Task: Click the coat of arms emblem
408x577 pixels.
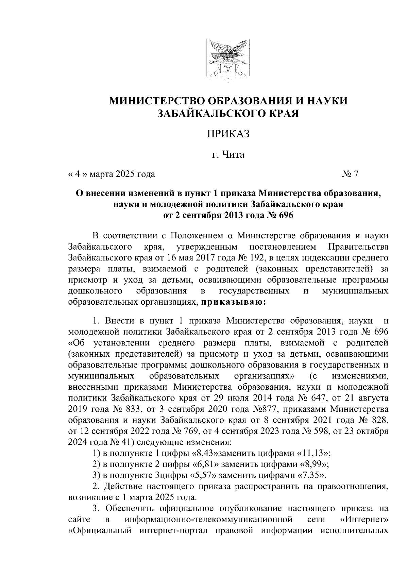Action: tap(227, 61)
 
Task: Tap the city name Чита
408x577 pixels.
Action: tap(233, 155)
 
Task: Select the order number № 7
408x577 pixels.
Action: tap(350, 174)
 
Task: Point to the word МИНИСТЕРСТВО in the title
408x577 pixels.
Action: tap(156, 101)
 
